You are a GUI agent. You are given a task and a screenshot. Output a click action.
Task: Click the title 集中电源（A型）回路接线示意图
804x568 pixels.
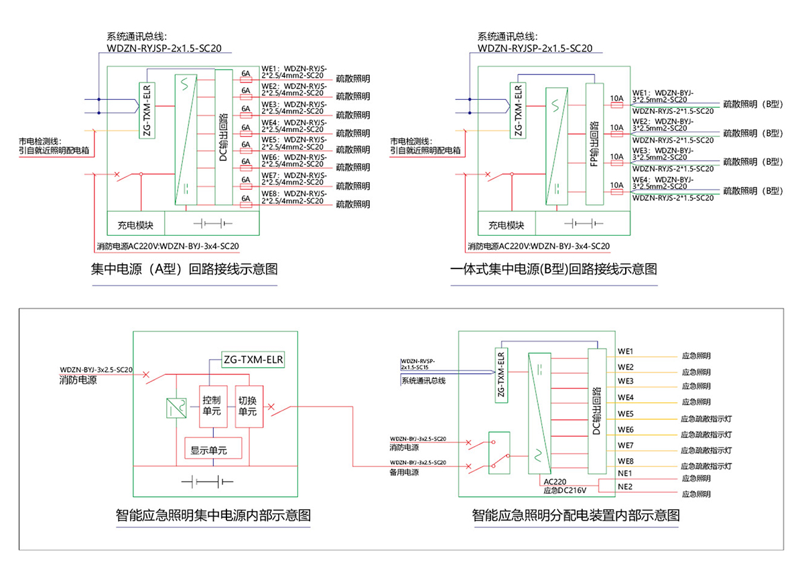184,269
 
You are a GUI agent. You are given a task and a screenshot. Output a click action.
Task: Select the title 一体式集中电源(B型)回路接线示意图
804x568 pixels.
554,269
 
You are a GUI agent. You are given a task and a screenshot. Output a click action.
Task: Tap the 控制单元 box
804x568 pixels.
212,406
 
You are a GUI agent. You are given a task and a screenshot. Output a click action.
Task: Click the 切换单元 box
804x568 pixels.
248,406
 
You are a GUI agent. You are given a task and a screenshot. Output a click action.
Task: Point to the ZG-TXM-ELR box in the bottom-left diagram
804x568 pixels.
253,360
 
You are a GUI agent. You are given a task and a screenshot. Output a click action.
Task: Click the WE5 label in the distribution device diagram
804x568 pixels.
626,414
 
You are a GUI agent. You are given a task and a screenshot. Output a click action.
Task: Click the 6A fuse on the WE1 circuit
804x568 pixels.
246,77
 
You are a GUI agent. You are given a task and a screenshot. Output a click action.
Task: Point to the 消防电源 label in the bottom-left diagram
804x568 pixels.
78,380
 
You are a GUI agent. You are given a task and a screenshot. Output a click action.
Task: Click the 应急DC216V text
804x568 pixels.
565,491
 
